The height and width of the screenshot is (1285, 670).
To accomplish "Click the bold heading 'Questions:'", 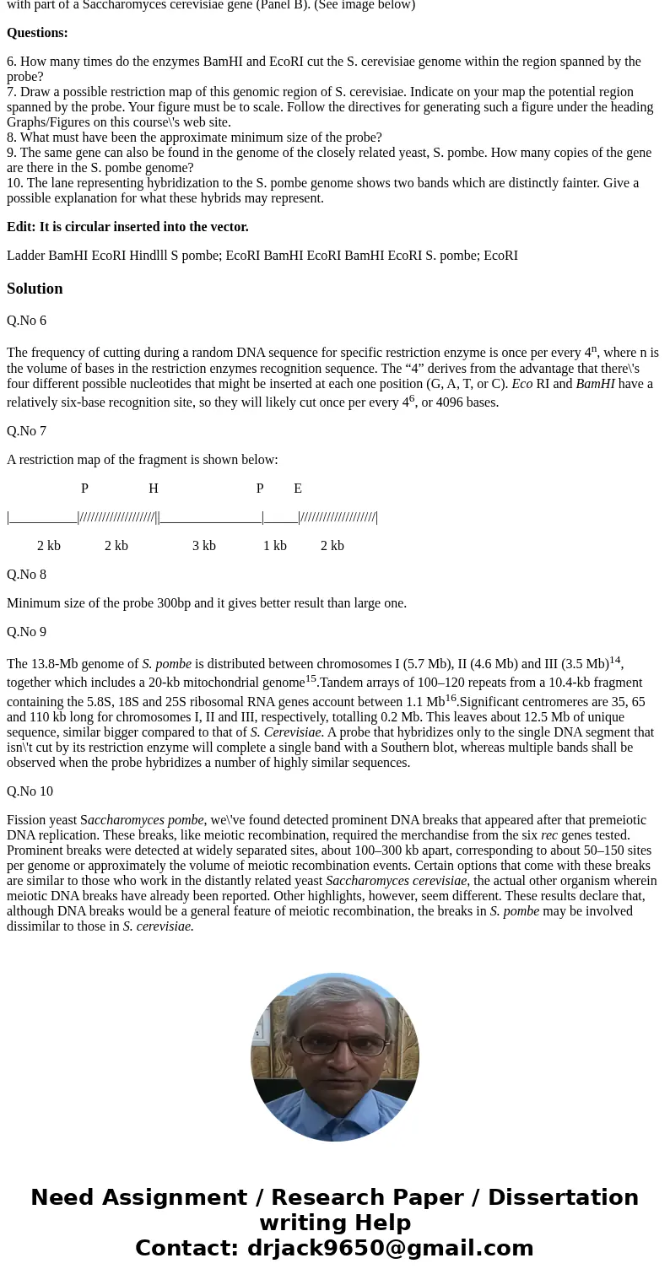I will pos(37,33).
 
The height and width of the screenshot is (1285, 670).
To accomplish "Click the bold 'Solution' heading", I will pos(35,289).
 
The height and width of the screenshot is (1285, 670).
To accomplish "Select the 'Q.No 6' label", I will pos(26,321).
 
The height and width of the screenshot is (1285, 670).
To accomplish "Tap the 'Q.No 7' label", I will pos(26,431).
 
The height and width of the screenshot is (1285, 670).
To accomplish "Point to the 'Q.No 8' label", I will pos(26,575).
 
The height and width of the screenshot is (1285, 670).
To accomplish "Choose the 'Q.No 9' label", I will pos(26,632).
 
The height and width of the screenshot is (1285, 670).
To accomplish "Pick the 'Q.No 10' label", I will pos(30,791).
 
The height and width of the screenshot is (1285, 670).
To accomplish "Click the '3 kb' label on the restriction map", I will pos(203,546).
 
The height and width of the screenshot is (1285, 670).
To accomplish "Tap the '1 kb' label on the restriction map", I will pos(274,546).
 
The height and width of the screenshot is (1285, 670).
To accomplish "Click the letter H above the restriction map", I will pos(154,489).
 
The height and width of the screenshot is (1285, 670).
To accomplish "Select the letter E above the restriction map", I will pos(298,489).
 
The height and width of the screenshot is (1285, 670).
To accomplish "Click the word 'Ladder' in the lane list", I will pos(25,256).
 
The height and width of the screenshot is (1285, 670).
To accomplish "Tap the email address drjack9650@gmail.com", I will pos(390,1248).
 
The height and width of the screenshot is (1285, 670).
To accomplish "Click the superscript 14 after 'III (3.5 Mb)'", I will pos(614,660).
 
